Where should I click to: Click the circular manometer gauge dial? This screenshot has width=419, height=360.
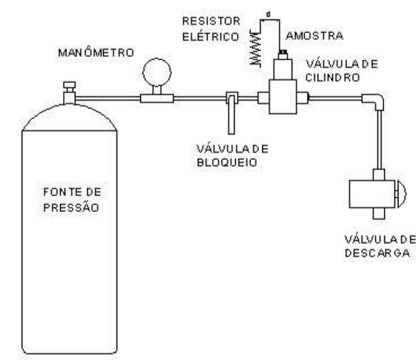click(157, 72)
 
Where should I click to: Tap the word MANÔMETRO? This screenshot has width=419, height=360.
click(96, 53)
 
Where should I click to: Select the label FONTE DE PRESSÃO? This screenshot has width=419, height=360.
click(72, 200)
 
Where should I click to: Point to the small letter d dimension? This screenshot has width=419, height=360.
click(268, 15)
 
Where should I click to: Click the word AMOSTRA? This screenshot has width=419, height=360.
click(314, 36)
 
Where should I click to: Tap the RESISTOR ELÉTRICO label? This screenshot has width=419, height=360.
click(211, 29)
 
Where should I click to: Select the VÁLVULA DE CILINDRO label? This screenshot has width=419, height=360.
click(341, 71)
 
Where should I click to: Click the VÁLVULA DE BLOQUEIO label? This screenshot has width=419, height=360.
click(232, 155)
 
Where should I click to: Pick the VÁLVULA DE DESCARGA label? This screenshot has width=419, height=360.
click(380, 246)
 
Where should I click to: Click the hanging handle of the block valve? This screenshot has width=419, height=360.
click(231, 115)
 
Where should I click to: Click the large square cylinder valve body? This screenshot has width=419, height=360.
click(283, 97)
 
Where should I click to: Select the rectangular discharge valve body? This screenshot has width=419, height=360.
click(372, 194)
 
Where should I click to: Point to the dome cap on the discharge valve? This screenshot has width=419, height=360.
click(401, 194)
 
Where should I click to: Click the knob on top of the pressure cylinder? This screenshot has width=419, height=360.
click(69, 85)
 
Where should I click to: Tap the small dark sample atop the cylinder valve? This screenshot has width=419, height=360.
click(283, 52)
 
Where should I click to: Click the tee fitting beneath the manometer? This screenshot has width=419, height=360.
click(157, 98)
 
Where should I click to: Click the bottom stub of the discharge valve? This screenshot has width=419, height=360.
click(379, 214)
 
